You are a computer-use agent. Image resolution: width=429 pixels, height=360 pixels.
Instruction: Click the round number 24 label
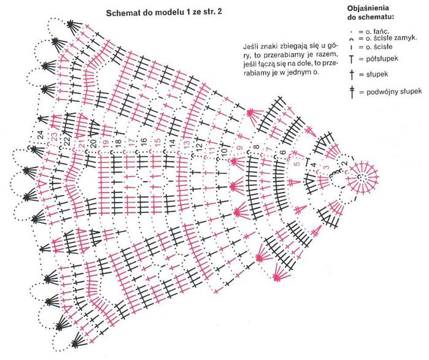click(x=41, y=135)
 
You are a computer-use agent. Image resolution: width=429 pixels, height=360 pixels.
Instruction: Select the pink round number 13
click(x=187, y=144)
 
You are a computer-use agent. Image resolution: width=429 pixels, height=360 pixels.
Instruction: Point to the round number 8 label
click(x=257, y=147)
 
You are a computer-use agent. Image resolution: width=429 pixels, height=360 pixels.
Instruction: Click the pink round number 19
click(x=106, y=142)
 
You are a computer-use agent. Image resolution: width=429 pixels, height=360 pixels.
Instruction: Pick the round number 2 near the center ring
click(x=345, y=164)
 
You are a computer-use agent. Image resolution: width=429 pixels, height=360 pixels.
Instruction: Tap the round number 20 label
click(x=93, y=144)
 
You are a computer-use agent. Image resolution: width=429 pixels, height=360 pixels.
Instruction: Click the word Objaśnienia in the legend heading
click(x=368, y=8)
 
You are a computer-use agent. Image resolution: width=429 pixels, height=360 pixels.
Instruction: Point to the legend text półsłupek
click(x=382, y=58)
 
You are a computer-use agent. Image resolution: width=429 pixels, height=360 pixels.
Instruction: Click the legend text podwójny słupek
click(x=394, y=91)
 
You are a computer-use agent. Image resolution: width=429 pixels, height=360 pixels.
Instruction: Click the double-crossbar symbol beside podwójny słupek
click(x=352, y=92)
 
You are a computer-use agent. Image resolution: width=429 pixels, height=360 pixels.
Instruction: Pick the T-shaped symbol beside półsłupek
click(x=352, y=59)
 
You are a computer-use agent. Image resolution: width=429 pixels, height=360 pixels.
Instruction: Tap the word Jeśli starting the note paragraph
click(x=250, y=45)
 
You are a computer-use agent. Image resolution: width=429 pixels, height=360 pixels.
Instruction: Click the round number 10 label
click(x=225, y=151)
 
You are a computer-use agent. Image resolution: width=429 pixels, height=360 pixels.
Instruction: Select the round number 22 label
click(x=67, y=141)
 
